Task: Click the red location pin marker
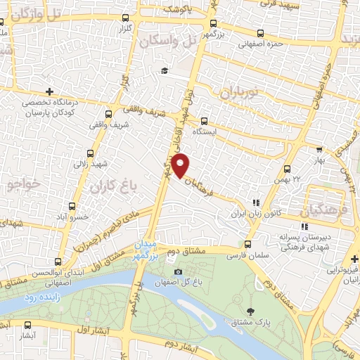point(181,165)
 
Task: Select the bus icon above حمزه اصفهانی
point(261,33)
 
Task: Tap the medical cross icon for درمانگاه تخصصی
point(49,91)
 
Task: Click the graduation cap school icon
point(165,70)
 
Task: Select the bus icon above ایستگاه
point(204,120)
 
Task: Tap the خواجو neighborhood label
point(21,186)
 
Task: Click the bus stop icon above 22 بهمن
point(286,169)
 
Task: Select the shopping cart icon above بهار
point(320,150)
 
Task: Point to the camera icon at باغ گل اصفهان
point(177,272)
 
